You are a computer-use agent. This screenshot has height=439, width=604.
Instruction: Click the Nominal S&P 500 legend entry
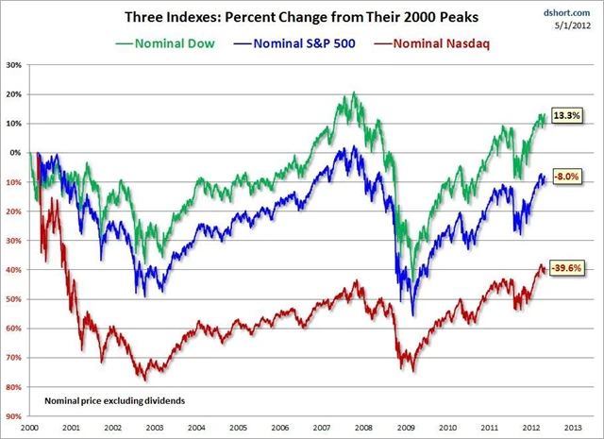[294, 42]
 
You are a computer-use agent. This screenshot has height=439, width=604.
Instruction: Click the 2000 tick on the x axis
[30, 427]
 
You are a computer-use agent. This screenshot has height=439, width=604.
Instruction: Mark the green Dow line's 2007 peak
[353, 93]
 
